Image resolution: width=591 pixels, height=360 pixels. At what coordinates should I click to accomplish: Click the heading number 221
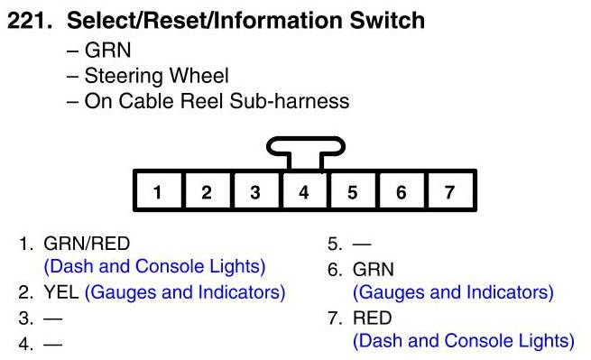30,21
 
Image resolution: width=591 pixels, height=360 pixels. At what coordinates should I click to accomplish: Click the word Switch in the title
387,21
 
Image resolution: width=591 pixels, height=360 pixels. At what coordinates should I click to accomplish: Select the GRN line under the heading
107,51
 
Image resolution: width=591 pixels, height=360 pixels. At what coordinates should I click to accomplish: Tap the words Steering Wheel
156,76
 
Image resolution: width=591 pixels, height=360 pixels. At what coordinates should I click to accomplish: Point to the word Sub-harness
289,101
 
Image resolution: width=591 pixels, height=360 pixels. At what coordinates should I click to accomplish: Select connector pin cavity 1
158,191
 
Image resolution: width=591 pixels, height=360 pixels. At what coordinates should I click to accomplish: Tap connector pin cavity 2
207,191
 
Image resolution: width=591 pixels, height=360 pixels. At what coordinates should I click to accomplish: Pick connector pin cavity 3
255,191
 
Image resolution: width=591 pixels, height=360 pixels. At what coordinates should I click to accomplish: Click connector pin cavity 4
304,191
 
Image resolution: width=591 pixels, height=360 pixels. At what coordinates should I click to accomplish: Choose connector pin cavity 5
353,191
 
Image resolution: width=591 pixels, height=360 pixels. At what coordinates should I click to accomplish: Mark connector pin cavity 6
401,191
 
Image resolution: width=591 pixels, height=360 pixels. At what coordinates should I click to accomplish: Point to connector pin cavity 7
449,191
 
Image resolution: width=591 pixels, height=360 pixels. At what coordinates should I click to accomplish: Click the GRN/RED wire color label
87,244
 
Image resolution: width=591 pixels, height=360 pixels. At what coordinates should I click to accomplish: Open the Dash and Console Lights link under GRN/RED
154,266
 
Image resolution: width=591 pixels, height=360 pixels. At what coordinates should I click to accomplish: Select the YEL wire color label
61,292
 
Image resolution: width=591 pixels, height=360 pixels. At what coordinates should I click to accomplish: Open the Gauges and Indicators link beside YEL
185,292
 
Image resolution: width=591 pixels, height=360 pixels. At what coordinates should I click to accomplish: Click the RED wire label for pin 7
372,318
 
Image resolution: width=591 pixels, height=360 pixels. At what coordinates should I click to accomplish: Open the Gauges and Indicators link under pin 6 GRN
453,292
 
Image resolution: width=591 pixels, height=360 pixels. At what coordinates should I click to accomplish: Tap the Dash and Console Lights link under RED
464,340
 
